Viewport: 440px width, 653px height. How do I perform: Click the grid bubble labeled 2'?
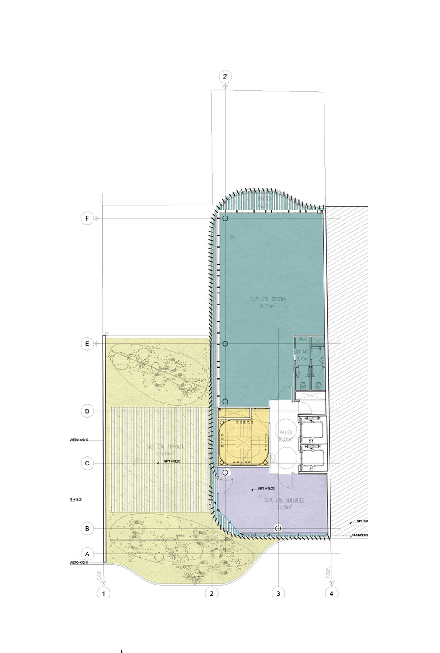(225, 77)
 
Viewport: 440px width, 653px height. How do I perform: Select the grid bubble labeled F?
(87, 219)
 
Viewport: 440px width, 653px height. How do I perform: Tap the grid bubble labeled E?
(87, 343)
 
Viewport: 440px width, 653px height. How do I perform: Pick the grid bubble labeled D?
(87, 411)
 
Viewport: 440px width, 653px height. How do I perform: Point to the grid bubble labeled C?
(87, 464)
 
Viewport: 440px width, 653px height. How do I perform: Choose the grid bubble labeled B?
(87, 529)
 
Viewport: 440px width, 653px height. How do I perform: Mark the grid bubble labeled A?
(87, 553)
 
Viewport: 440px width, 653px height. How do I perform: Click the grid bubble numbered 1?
(104, 593)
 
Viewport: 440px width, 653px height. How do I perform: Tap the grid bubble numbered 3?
(278, 593)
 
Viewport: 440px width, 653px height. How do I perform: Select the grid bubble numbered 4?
(331, 593)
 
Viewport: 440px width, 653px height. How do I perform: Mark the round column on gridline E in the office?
(225, 344)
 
